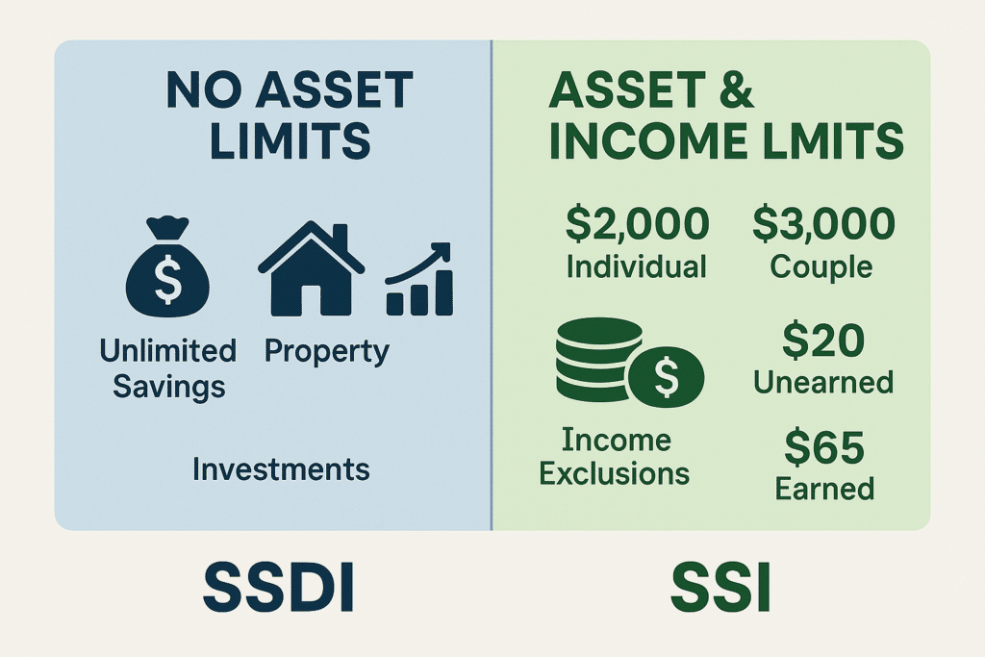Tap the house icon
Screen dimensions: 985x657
[x=311, y=268]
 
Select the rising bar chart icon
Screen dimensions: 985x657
[x=419, y=279]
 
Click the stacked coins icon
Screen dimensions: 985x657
[x=630, y=363]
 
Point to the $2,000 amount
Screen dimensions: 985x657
[x=637, y=223]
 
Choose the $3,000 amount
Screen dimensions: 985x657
[x=823, y=223]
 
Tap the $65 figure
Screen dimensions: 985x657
[x=824, y=446]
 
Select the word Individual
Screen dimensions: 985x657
[x=637, y=266]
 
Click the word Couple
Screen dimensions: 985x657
[x=821, y=267]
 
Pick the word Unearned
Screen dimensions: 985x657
[x=823, y=382]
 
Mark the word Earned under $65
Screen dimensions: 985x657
[x=824, y=489]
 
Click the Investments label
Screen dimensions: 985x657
[x=281, y=469]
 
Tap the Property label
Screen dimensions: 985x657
[x=327, y=352]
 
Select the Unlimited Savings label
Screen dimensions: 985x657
[x=168, y=368]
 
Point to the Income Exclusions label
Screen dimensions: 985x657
[x=615, y=457]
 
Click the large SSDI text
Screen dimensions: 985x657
[x=279, y=588]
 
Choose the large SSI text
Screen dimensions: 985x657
[x=720, y=588]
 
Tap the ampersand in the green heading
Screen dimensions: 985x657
[x=732, y=89]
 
